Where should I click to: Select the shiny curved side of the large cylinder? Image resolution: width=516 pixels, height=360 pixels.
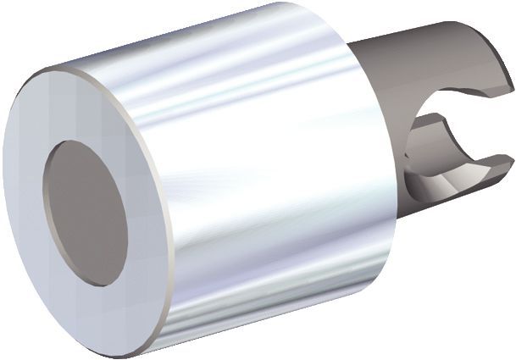(x=254, y=169)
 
